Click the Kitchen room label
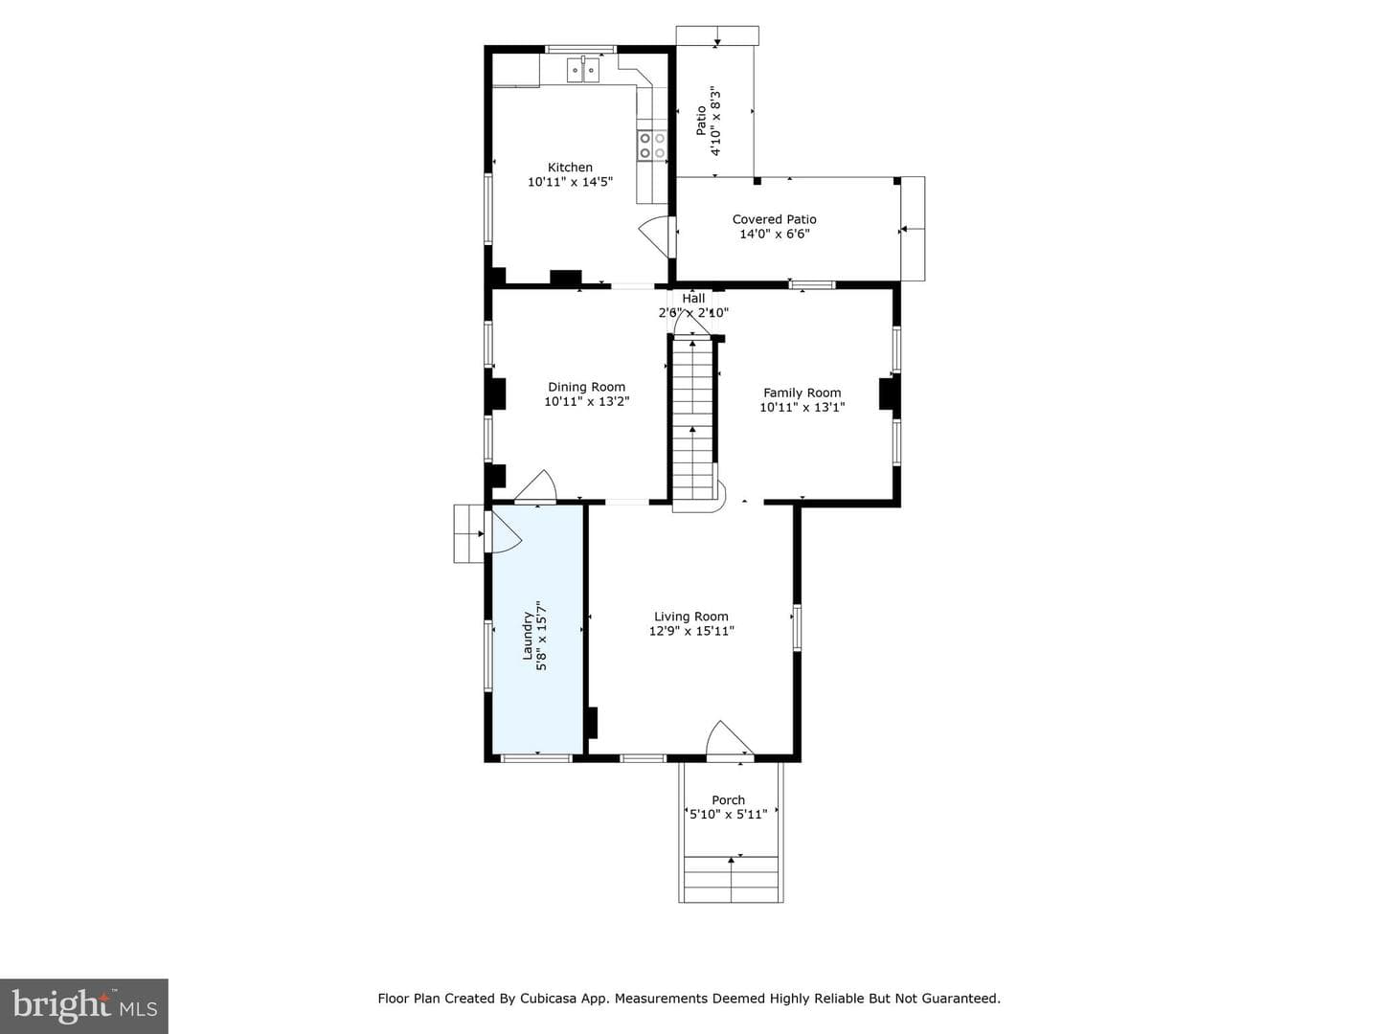[570, 167]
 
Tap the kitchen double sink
[583, 70]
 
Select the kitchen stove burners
[652, 145]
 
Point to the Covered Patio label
[774, 219]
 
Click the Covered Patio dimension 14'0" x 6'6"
[774, 235]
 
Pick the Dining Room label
[586, 387]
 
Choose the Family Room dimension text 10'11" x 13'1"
[802, 407]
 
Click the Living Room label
[691, 617]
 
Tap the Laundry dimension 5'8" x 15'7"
[542, 636]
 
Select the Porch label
[728, 799]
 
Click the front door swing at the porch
[730, 740]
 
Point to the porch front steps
[731, 879]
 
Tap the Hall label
[693, 298]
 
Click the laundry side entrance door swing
[504, 531]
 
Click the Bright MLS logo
[84, 1005]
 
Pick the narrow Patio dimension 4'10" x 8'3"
[715, 121]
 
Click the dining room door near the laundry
[536, 486]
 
